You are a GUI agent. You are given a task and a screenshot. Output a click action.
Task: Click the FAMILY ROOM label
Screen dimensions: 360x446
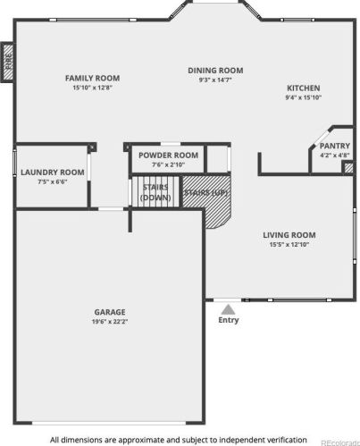(x=92, y=78)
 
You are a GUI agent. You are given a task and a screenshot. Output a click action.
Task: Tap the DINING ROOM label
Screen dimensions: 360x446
(x=215, y=71)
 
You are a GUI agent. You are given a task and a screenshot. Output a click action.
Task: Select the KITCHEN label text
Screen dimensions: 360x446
(x=304, y=88)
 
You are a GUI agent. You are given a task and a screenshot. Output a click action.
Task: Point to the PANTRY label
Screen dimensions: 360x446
(x=335, y=146)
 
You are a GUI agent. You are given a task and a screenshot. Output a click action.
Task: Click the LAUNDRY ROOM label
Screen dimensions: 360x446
(x=53, y=173)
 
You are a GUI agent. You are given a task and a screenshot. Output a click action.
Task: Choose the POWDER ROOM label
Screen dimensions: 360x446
(x=168, y=156)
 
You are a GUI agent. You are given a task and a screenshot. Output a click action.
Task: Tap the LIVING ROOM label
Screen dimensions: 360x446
(x=289, y=235)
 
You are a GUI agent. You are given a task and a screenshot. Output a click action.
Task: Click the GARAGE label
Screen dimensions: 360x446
(x=110, y=312)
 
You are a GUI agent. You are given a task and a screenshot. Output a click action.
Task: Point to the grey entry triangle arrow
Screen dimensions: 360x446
(x=228, y=309)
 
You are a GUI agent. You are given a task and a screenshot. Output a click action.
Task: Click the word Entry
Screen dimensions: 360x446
(x=229, y=320)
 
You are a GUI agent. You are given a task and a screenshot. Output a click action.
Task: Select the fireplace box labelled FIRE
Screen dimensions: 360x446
(x=8, y=63)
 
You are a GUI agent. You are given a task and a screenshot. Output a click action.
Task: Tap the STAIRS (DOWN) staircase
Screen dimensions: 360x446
(x=155, y=192)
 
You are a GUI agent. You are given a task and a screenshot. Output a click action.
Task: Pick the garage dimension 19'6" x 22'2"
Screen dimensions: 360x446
(x=110, y=322)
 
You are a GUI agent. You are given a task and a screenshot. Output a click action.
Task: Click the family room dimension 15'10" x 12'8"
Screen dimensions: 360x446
(x=92, y=88)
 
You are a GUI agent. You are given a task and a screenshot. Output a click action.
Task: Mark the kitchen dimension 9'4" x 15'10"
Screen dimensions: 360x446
(x=304, y=97)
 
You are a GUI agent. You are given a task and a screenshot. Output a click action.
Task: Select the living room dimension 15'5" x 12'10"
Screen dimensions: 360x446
(x=289, y=244)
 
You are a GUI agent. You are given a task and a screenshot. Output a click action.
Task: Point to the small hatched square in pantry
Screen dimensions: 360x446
(x=348, y=168)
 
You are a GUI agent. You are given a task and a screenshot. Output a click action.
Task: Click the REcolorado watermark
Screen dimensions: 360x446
(x=340, y=442)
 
